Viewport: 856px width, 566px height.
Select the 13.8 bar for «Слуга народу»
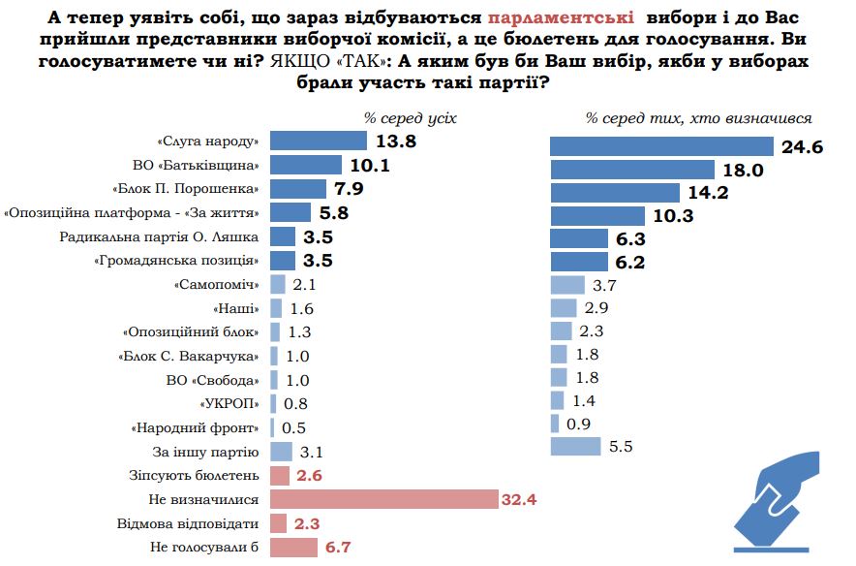coord(319,141)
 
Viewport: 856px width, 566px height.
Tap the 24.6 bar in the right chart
coord(661,146)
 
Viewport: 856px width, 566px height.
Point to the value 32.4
coord(519,500)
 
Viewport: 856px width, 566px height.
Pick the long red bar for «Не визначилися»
coord(383,500)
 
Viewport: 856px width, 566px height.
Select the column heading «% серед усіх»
coord(410,118)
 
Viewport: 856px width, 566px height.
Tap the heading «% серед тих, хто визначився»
coord(698,118)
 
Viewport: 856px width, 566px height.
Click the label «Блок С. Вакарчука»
coord(190,356)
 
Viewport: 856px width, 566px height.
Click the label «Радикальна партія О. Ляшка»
coord(160,236)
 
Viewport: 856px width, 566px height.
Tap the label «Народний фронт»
coord(196,427)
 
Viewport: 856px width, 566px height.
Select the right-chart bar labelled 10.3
coord(596,215)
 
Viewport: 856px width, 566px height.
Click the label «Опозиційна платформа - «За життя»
coord(133,212)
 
